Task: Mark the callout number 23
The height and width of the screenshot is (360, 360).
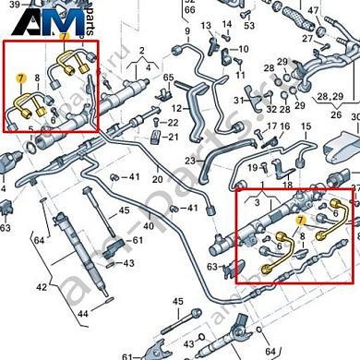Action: (189, 160)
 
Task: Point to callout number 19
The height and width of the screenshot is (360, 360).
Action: (251, 167)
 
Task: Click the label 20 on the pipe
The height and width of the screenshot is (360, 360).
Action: (158, 179)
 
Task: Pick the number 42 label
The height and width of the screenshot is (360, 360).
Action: (40, 287)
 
